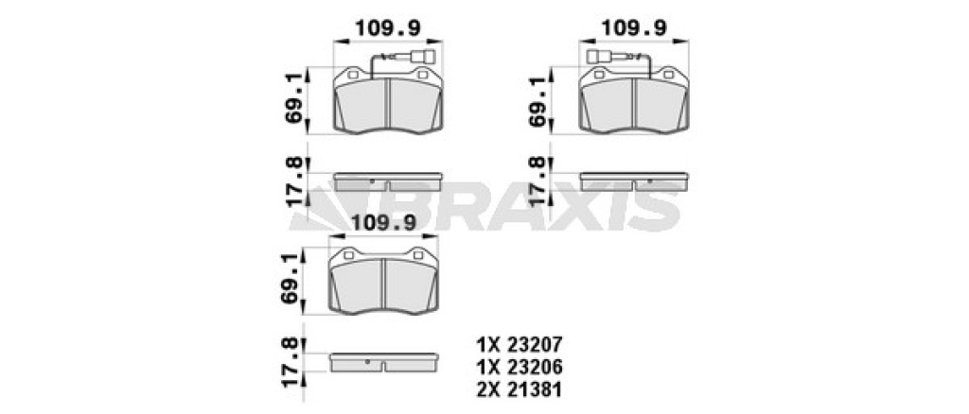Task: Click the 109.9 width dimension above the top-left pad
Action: coord(387,27)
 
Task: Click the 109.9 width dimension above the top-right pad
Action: coord(634,27)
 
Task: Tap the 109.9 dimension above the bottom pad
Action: coord(383,222)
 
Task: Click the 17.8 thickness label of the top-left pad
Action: coord(295,182)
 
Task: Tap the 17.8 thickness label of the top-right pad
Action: coord(537,182)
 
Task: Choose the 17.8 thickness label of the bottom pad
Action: coord(291,363)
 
